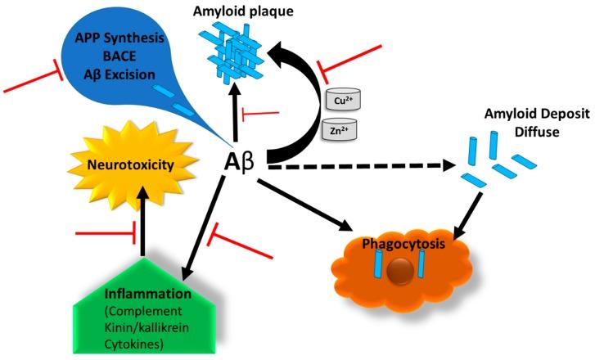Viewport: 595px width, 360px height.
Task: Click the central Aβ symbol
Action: pos(240,163)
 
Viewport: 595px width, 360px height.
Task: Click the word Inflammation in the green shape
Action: pos(157,294)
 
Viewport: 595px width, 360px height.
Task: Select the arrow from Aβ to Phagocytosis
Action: pos(312,200)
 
